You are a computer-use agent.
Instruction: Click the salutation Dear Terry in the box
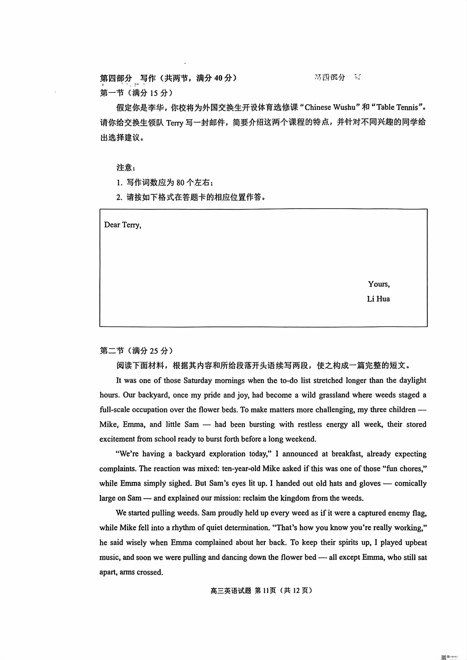[x=123, y=225]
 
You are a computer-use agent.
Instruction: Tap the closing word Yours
[x=379, y=284]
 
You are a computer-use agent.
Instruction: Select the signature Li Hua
[x=378, y=299]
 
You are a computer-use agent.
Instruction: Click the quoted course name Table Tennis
[x=397, y=107]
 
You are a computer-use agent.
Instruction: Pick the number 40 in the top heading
[x=218, y=78]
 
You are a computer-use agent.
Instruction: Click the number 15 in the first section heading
[x=154, y=93]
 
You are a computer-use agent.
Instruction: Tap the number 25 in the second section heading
[x=154, y=351]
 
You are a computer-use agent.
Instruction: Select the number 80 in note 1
[x=180, y=183]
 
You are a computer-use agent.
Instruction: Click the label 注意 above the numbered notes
[x=125, y=168]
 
